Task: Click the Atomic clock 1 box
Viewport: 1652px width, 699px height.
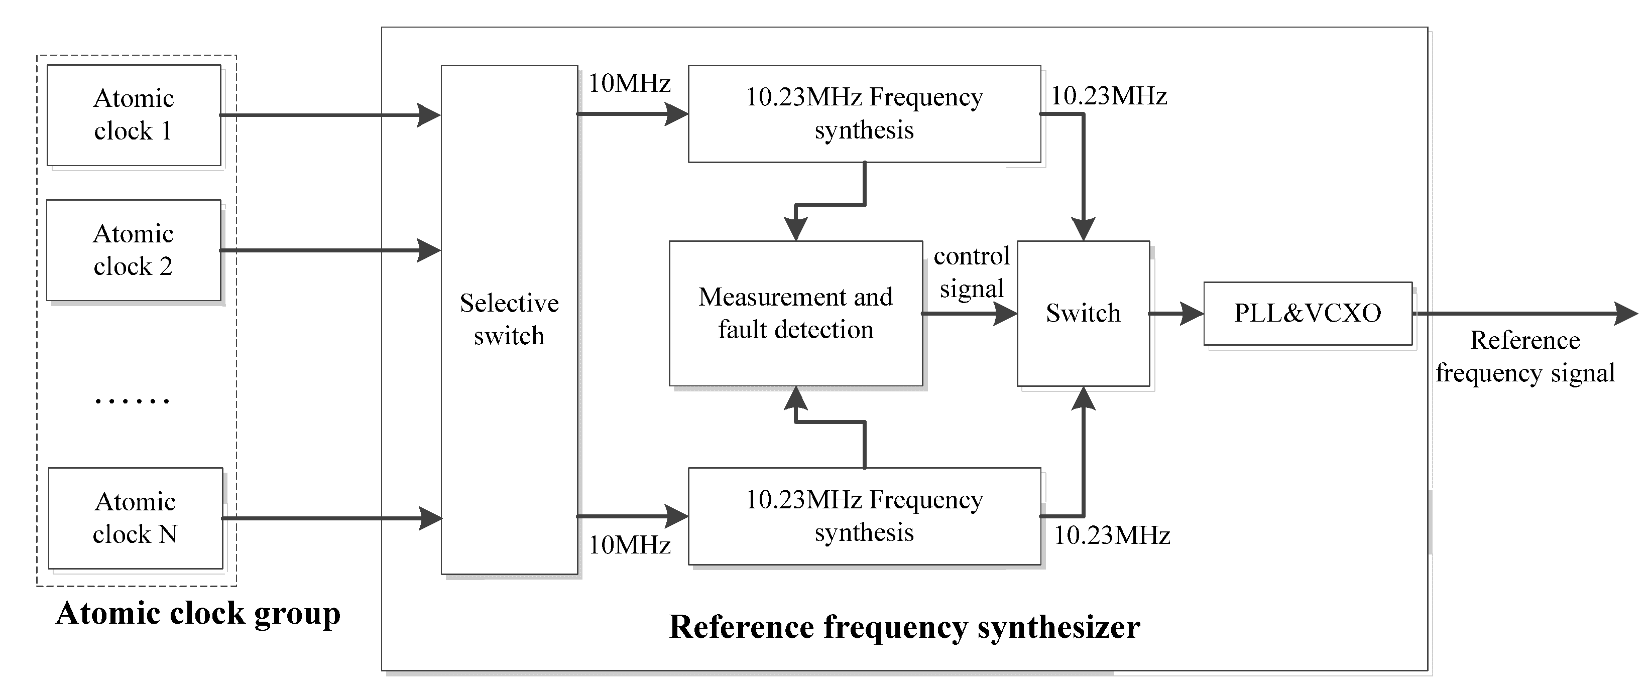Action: click(134, 115)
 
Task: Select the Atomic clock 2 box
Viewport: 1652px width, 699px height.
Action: click(134, 250)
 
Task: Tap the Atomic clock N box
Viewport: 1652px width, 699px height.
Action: click(135, 518)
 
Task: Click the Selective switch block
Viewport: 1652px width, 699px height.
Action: click(509, 320)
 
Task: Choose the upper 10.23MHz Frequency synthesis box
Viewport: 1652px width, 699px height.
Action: click(864, 114)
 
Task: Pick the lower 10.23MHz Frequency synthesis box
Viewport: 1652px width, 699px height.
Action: click(864, 516)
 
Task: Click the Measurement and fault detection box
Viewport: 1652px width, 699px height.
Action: click(795, 313)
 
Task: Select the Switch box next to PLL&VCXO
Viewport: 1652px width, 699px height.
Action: click(1083, 313)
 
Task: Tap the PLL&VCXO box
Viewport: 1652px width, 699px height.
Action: click(1308, 313)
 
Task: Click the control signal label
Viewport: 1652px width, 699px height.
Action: click(972, 272)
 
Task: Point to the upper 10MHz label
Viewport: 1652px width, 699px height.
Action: click(629, 83)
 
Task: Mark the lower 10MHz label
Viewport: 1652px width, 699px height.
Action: click(629, 545)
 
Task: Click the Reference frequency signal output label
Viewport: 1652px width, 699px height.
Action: click(1525, 357)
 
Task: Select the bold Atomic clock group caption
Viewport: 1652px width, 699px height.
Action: click(198, 614)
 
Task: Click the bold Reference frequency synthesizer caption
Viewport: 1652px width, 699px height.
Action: click(904, 627)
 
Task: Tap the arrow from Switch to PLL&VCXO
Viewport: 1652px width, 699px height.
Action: click(1176, 314)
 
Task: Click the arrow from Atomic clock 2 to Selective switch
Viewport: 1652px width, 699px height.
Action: click(330, 250)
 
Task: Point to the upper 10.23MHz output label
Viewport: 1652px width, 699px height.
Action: click(1109, 96)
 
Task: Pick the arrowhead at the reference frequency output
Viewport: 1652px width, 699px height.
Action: click(1626, 314)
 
